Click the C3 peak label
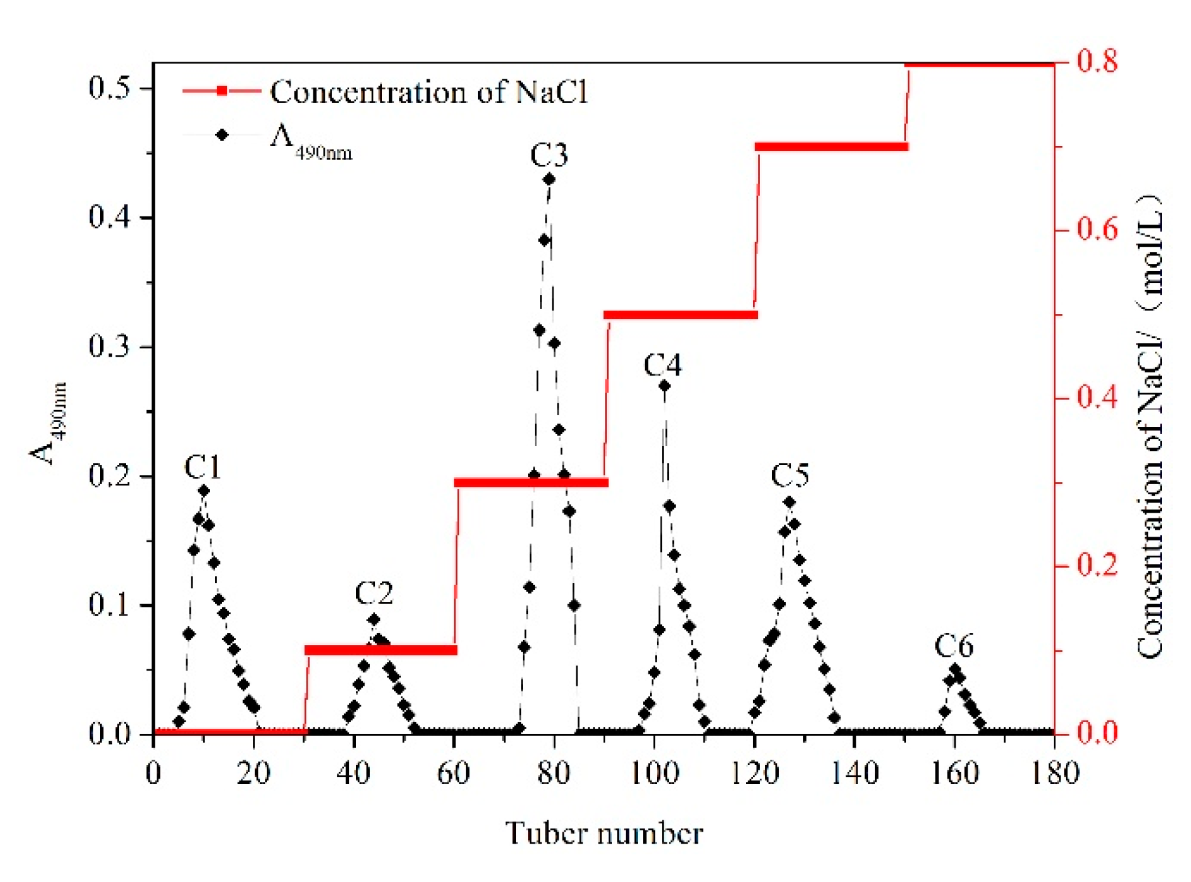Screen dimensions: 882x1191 tap(549, 155)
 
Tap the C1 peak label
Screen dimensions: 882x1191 tap(203, 467)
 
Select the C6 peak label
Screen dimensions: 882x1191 tap(953, 646)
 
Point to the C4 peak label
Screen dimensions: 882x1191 tap(663, 365)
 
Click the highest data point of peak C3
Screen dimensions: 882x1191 tap(549, 179)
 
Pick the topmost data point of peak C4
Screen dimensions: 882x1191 tap(664, 386)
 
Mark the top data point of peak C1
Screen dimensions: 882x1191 tap(204, 491)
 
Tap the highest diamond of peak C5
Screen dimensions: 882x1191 tap(790, 502)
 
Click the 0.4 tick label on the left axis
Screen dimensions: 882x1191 tap(109, 218)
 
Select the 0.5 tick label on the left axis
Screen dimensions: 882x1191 tap(109, 88)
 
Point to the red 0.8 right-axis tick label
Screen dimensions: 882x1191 tap(1097, 62)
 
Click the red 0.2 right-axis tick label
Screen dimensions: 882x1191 tap(1097, 566)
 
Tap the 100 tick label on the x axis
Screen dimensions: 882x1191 tap(654, 773)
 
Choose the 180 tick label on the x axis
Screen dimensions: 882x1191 tap(1054, 773)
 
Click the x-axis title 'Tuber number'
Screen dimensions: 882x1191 tap(603, 834)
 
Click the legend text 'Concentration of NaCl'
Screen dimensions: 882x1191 tap(429, 92)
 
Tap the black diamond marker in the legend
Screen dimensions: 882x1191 tap(221, 135)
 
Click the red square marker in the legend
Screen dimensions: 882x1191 tap(221, 91)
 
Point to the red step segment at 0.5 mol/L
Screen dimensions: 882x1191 tap(680, 315)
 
